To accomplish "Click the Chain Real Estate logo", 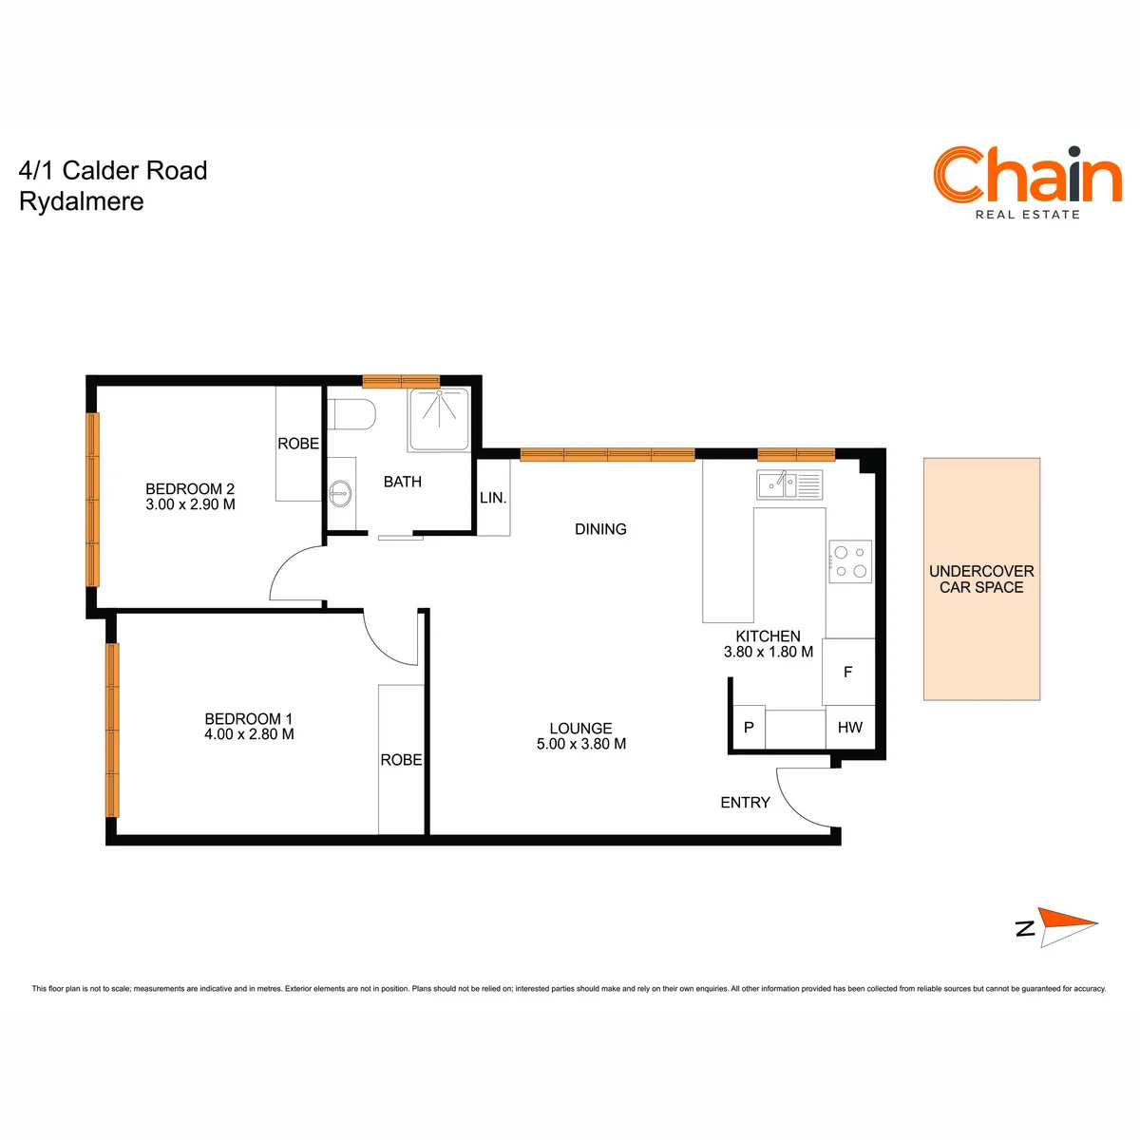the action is pos(1026,182).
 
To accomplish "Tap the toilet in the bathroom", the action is pos(351,414).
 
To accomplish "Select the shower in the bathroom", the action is pos(438,420).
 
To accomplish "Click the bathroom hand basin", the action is pos(340,493).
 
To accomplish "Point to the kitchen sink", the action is pos(789,485).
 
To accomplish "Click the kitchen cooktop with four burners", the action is pos(849,561).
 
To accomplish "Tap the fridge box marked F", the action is pos(848,672).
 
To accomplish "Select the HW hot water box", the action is pos(850,727).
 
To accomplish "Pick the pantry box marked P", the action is pos(749,727).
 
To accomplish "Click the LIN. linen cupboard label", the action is pos(493,498).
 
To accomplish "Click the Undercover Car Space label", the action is pos(981,579).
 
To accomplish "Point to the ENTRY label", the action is pos(746,802).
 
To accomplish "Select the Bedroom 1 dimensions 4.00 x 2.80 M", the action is pos(249,734).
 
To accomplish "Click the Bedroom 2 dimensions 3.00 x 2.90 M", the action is pos(191,504).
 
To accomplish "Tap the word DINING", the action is pos(600,529).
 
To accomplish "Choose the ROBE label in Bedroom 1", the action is pos(401,760).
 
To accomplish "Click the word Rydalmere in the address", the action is pos(82,201).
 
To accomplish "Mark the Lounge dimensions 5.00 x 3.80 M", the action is pos(581,744).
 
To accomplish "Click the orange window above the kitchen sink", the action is pos(796,455).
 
